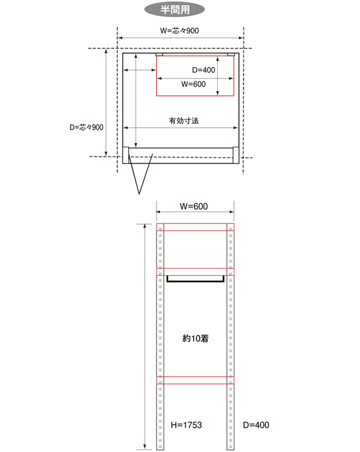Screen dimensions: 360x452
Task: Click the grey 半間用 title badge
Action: pyautogui.click(x=175, y=10)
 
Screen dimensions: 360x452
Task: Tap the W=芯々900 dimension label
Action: pyautogui.click(x=179, y=31)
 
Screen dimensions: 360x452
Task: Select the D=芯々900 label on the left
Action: pyautogui.click(x=86, y=127)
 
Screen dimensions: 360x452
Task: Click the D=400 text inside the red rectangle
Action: pyautogui.click(x=204, y=69)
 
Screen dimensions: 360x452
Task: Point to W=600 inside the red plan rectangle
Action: pyautogui.click(x=194, y=84)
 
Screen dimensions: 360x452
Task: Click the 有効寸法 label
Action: pyautogui.click(x=184, y=121)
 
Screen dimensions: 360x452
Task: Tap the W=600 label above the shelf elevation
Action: pyautogui.click(x=194, y=206)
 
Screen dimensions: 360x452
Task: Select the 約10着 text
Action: pyautogui.click(x=196, y=338)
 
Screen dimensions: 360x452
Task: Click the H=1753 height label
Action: pyautogui.click(x=187, y=425)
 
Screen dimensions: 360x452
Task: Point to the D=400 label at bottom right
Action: pyautogui.click(x=256, y=425)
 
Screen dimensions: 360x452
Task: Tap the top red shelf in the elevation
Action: pyautogui.click(x=195, y=227)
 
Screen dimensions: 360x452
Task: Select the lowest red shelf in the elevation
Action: pyautogui.click(x=195, y=380)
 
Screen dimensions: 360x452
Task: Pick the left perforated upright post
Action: pyautogui.click(x=160, y=337)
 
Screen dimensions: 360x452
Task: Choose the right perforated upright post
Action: pyautogui.click(x=230, y=337)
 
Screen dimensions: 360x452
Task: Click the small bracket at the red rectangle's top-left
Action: pyautogui.click(x=159, y=54)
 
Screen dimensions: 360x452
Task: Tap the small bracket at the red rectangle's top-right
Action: pyautogui.click(x=231, y=54)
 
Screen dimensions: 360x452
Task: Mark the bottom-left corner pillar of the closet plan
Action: pyautogui.click(x=126, y=155)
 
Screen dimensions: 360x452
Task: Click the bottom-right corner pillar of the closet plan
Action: pyautogui.click(x=236, y=155)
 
